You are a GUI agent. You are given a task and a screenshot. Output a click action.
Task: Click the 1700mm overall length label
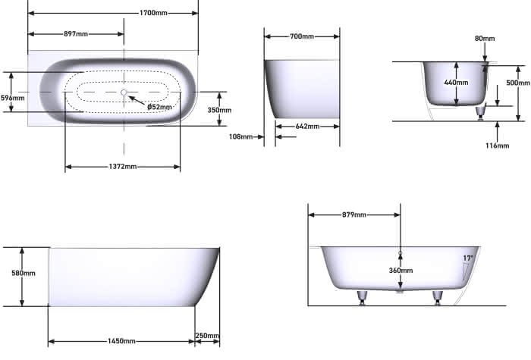(153, 13)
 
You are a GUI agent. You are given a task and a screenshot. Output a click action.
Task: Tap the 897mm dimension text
(76, 34)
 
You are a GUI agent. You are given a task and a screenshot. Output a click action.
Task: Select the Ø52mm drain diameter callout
(159, 107)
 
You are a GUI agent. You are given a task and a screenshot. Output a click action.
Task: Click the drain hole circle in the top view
(124, 92)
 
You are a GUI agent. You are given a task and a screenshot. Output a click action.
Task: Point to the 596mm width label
(13, 98)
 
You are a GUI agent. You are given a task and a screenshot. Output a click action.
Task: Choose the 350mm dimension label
(219, 110)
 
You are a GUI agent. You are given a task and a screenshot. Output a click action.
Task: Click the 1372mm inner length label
(123, 167)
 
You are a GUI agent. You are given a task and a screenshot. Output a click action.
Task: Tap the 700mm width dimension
(302, 36)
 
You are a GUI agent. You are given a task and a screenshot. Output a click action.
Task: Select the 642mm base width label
(307, 127)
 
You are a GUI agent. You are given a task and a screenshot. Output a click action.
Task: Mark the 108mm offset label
(240, 136)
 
